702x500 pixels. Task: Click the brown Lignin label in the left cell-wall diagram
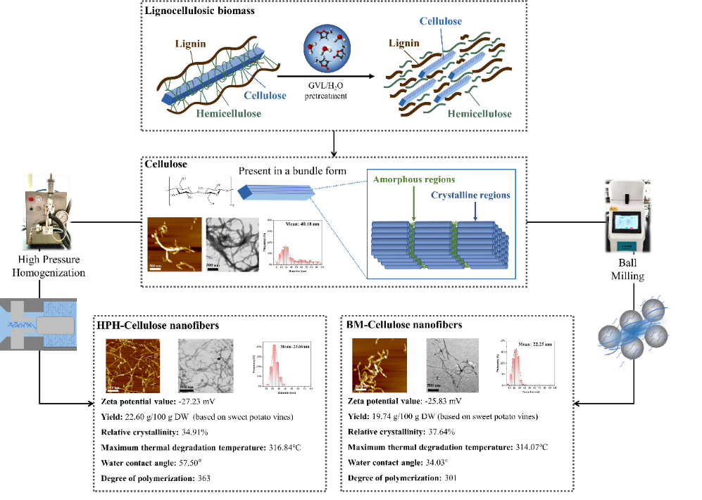coord(191,44)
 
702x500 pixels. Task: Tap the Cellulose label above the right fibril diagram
coord(441,21)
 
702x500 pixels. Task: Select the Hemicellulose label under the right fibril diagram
coord(480,114)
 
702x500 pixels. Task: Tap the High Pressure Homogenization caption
coord(49,266)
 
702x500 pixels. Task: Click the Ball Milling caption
coord(627,269)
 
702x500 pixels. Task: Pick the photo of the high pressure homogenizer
coord(46,210)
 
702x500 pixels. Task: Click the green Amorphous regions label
coord(414,180)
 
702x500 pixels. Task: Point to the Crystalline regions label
coord(470,195)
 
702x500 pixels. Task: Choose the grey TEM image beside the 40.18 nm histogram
coord(230,244)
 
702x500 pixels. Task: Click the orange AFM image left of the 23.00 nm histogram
coord(133,365)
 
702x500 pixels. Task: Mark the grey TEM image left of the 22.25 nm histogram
coord(452,366)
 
